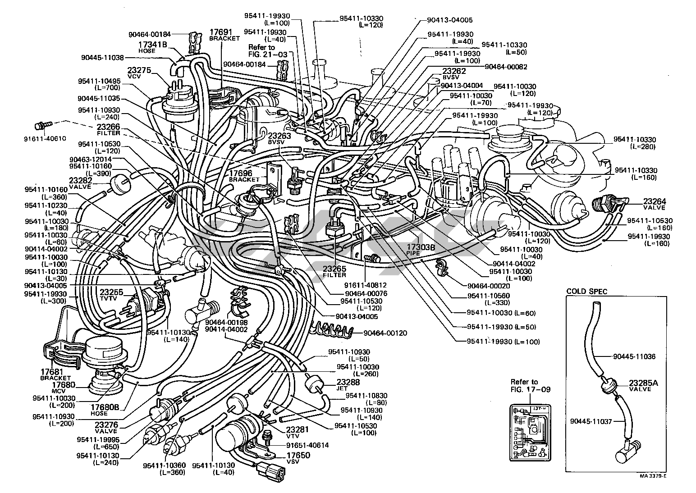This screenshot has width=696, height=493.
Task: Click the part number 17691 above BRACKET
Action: tap(220, 32)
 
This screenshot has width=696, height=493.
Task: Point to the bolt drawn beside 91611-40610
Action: tap(42, 123)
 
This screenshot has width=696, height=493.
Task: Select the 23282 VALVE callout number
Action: tap(81, 180)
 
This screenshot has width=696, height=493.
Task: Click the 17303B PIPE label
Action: tap(421, 247)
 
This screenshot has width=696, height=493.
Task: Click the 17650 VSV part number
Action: tap(298, 455)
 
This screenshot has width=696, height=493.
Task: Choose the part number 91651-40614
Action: tap(307, 445)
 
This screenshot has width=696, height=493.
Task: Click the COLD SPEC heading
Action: tap(586, 292)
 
